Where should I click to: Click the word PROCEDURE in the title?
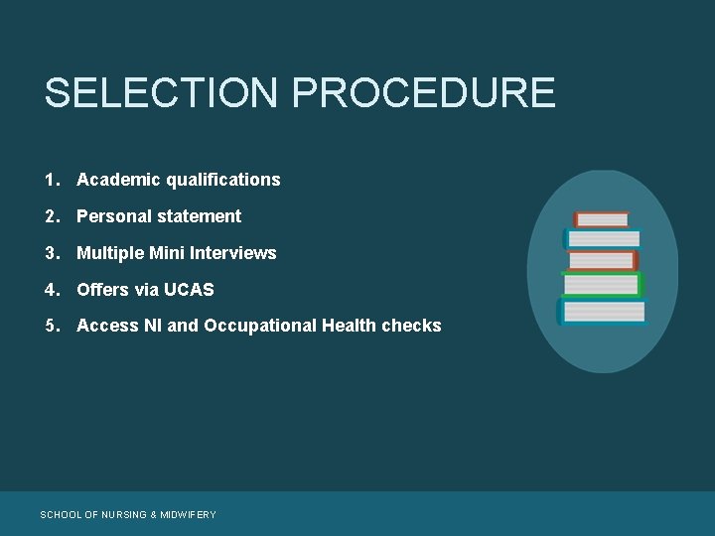pos(424,92)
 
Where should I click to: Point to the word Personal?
pos(111,216)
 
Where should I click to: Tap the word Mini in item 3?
pos(167,253)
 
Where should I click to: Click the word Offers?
pos(102,290)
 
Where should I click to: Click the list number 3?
pos(50,253)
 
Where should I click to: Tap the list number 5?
pos(50,326)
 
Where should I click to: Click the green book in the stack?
pos(602,285)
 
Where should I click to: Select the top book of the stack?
pos(602,219)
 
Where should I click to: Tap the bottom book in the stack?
pos(602,312)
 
